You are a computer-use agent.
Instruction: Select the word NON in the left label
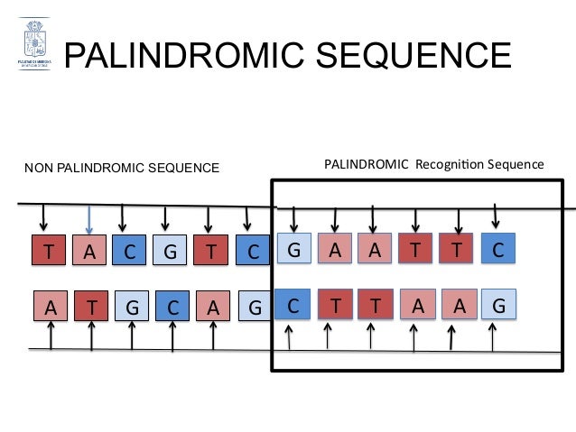37,167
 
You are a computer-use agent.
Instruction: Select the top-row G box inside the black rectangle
293,248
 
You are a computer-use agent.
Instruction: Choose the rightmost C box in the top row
498,248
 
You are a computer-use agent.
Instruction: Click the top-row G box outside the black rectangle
168,252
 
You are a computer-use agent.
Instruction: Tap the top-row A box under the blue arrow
88,252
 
